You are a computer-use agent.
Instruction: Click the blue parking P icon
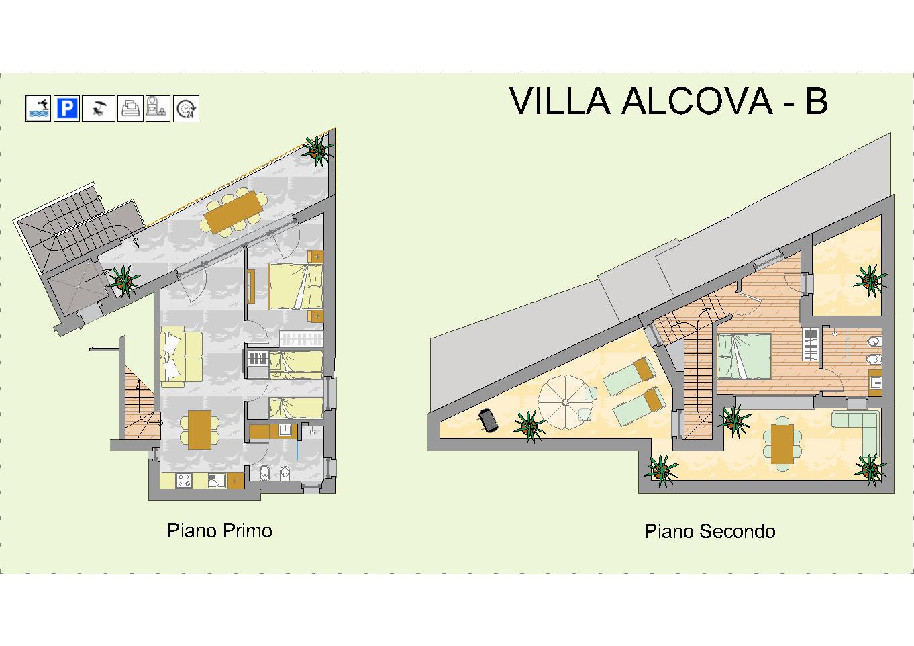pyautogui.click(x=66, y=109)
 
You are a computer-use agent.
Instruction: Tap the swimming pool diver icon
pyautogui.click(x=38, y=109)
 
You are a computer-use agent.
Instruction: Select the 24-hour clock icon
pyautogui.click(x=186, y=109)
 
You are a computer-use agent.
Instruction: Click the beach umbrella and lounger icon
pyautogui.click(x=99, y=109)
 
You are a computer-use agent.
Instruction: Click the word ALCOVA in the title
pyautogui.click(x=697, y=101)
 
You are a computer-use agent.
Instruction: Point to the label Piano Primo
pyautogui.click(x=219, y=530)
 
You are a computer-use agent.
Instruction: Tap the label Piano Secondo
pyautogui.click(x=709, y=531)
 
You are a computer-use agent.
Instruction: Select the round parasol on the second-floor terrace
pyautogui.click(x=565, y=402)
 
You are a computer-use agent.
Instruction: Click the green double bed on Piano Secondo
pyautogui.click(x=745, y=356)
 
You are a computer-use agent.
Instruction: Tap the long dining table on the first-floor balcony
pyautogui.click(x=234, y=212)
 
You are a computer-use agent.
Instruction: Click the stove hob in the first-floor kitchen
pyautogui.click(x=184, y=480)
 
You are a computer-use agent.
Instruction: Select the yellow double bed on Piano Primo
pyautogui.click(x=296, y=285)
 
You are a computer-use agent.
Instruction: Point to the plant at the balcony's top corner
pyautogui.click(x=317, y=150)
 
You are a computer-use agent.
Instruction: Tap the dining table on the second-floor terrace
pyautogui.click(x=782, y=444)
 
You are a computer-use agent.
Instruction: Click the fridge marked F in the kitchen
pyautogui.click(x=236, y=481)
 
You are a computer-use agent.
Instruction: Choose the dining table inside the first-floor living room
pyautogui.click(x=199, y=430)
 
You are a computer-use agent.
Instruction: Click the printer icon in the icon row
pyautogui.click(x=131, y=109)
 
